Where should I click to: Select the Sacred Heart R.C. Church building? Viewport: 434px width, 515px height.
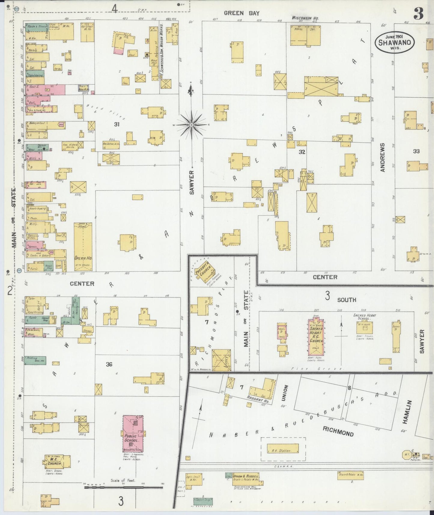click(316, 337)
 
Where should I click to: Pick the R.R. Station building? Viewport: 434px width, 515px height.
click(283, 449)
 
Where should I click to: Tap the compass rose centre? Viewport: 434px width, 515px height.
click(191, 124)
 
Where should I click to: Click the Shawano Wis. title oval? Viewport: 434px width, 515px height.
click(394, 42)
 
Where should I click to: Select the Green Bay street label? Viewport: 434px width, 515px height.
click(241, 13)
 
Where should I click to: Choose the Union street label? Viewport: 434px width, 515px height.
click(285, 392)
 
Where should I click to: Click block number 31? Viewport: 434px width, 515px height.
click(117, 124)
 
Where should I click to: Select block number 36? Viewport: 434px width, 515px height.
click(109, 364)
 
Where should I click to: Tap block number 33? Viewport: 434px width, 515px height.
click(416, 151)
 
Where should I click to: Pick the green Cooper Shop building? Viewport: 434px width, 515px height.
click(203, 501)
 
